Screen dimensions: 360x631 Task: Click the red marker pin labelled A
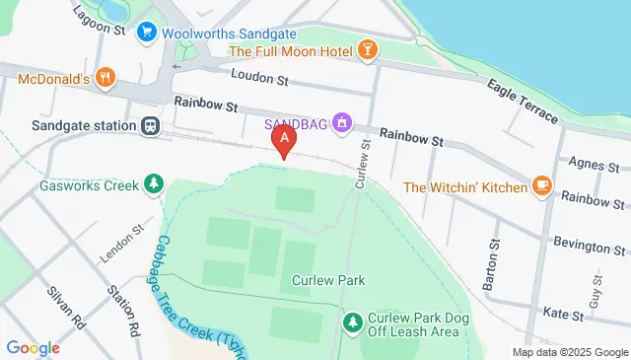coord(285,141)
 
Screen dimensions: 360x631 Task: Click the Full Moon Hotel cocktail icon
coord(367,50)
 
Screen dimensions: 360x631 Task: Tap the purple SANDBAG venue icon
coord(341,123)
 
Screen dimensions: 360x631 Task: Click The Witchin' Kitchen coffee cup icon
coord(540,185)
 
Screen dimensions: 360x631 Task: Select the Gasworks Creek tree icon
coord(153,183)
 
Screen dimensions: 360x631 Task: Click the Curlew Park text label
coord(328,281)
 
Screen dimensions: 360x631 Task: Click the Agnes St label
coord(592,164)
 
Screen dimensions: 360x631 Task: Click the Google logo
coord(33,347)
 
